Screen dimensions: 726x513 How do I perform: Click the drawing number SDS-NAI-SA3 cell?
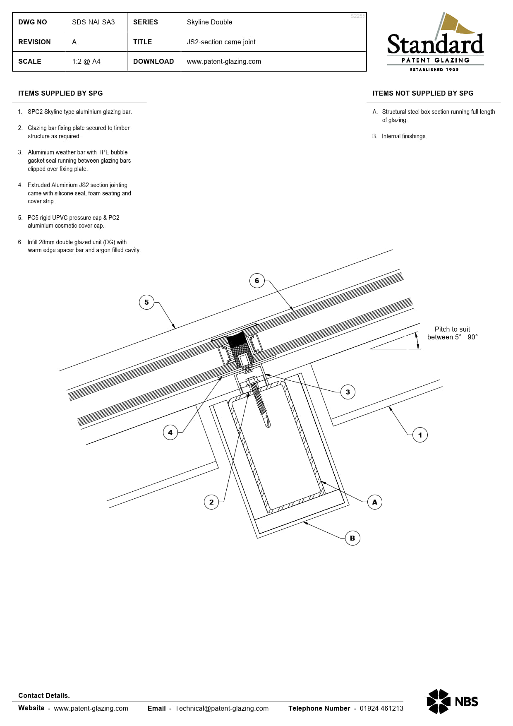click(93, 22)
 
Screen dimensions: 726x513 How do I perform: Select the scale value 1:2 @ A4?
click(86, 62)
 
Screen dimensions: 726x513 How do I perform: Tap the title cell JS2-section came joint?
click(221, 42)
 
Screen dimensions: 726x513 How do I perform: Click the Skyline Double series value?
click(209, 22)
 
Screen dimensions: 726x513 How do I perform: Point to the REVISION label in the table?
click(34, 42)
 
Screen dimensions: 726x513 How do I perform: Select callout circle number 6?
click(257, 281)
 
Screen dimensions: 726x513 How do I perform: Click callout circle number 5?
click(146, 302)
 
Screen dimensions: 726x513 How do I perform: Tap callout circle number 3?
click(348, 392)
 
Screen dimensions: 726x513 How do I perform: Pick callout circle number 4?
click(170, 433)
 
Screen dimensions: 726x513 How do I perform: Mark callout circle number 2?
click(211, 502)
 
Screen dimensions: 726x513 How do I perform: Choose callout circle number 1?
click(420, 435)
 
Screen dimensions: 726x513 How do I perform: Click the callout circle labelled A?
click(374, 502)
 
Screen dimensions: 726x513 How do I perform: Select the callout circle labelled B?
click(352, 538)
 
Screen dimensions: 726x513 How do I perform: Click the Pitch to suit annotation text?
click(452, 333)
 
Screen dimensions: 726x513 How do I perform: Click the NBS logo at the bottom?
click(452, 702)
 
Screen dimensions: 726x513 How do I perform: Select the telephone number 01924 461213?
click(381, 708)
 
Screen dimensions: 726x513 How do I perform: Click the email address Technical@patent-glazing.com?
click(222, 708)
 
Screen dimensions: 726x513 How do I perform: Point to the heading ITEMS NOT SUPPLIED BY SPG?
click(423, 94)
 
